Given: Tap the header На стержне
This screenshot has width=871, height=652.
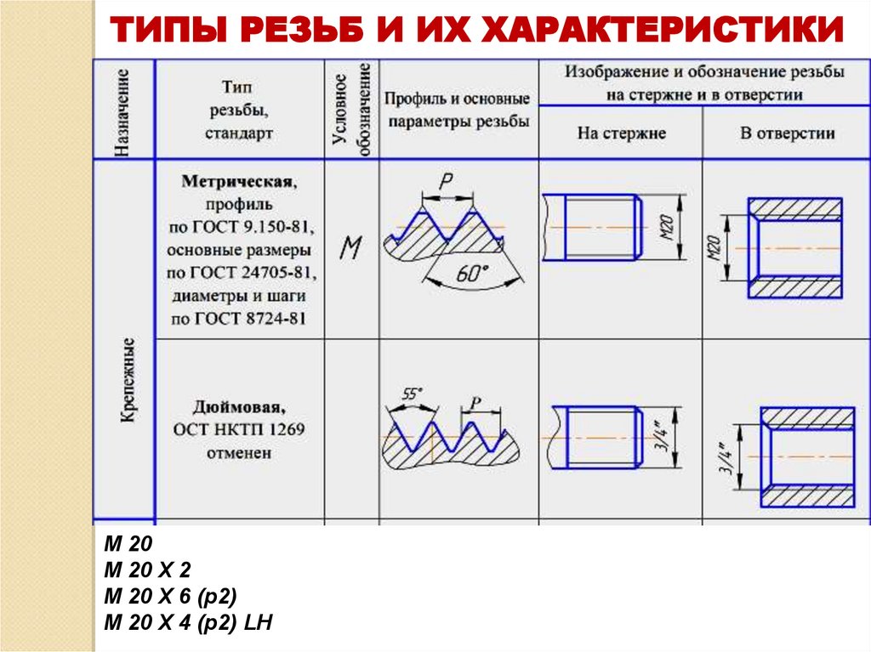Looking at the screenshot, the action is pos(622,133).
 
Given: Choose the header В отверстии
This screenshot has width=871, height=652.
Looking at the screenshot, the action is pos(787,133).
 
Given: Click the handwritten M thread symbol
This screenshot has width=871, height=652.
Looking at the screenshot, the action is pos(350,249).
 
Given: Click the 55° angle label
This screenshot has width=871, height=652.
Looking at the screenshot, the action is pos(412,394).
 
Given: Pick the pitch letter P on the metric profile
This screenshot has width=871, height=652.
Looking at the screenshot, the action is pos(445,180).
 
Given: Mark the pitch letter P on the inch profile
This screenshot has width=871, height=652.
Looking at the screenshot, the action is pos(475,402).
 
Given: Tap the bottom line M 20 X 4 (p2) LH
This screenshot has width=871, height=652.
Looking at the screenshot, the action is pos(187,623).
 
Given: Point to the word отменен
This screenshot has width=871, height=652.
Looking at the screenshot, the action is pos(239,453).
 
